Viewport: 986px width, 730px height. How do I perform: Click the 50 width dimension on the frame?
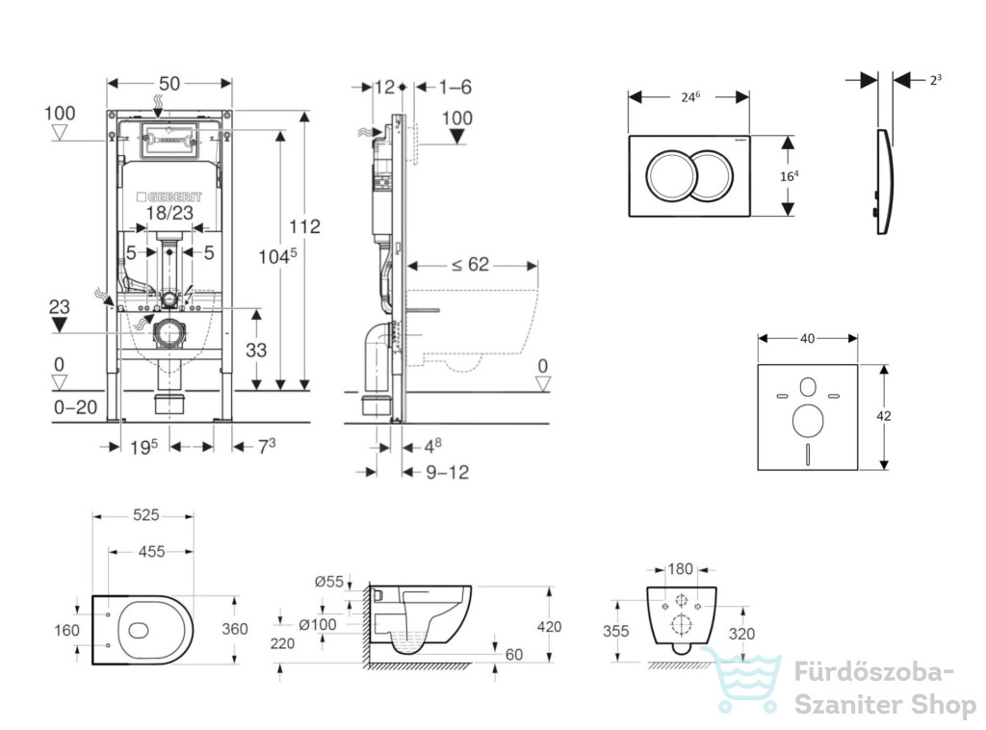169,84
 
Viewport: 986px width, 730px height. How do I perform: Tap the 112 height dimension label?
304,226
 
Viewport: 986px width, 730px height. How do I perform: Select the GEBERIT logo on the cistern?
169,196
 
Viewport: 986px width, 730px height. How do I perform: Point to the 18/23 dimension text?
169,213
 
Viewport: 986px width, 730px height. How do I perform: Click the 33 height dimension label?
256,350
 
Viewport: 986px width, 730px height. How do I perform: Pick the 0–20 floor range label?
75,407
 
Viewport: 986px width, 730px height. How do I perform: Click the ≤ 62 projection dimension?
470,265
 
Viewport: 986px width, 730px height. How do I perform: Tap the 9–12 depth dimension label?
447,472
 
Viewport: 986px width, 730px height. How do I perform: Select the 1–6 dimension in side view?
455,87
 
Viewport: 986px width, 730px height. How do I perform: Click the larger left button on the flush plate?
671,175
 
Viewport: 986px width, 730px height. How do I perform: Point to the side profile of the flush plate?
886,182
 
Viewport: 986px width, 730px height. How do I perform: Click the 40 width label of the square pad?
808,338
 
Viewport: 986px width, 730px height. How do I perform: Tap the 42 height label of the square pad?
884,416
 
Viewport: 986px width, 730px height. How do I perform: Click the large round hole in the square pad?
808,421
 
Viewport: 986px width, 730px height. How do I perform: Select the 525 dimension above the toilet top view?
146,515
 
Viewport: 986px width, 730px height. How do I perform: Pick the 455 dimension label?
151,552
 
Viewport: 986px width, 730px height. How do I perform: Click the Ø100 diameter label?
318,624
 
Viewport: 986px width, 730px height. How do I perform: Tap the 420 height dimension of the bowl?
549,626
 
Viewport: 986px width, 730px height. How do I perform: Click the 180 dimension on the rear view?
680,569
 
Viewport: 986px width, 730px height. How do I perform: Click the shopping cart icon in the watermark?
742,680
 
